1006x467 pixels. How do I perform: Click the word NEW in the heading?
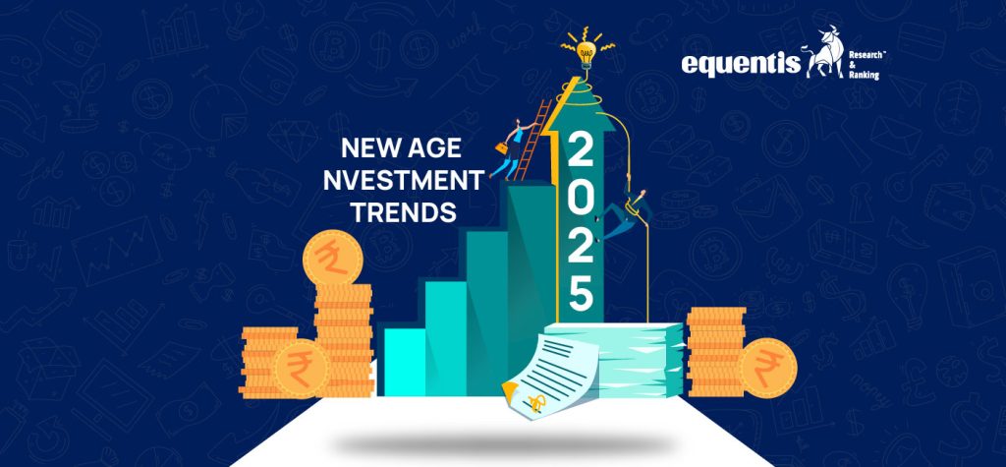click(x=368, y=150)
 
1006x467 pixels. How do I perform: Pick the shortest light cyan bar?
click(x=404, y=360)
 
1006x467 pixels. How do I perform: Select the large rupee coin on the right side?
click(x=766, y=368)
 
